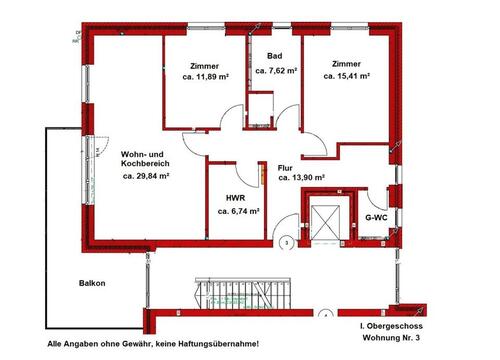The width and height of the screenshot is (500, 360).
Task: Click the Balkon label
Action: coord(93,282)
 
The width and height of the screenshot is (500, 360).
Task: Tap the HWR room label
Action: coord(236,197)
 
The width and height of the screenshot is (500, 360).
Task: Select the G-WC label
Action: coord(376,217)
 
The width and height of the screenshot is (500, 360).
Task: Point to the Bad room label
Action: coord(273,58)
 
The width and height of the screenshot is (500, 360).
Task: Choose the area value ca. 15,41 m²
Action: coord(347,75)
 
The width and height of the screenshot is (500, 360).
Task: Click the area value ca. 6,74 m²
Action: coord(239,211)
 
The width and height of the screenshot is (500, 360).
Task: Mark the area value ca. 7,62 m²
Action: coord(277,71)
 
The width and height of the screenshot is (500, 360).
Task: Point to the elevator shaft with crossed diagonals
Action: coord(328,221)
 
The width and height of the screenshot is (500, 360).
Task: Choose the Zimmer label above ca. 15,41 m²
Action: coord(346,61)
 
